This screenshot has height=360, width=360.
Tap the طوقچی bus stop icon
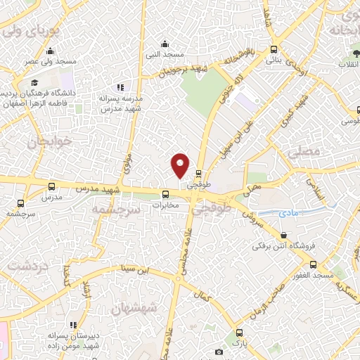pyautogui.click(x=199, y=172)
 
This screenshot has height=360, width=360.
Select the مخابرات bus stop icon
pyautogui.click(x=166, y=195)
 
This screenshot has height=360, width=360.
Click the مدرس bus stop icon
pyautogui.click(x=51, y=187)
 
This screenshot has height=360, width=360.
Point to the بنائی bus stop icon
pyautogui.click(x=274, y=50)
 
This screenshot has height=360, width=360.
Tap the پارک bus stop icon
pyautogui.click(x=240, y=333)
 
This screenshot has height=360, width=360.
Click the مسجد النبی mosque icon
pyautogui.click(x=165, y=43)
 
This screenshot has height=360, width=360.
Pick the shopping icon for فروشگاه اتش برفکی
pyautogui.click(x=283, y=236)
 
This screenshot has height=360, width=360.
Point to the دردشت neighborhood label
pyautogui.click(x=25, y=267)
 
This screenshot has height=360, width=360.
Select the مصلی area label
pyautogui.click(x=304, y=151)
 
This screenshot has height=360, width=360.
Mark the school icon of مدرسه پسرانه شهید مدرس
pyautogui.click(x=121, y=87)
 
